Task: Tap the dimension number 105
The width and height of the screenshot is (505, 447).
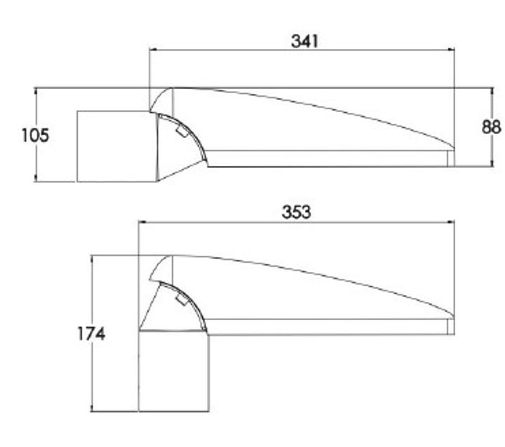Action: point(35,135)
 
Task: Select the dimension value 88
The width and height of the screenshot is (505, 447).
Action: point(492,127)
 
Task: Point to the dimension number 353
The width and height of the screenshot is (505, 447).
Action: point(296,212)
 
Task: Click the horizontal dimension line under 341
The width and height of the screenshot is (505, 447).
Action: point(302,50)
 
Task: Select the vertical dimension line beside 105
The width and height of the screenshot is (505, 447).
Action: point(35,161)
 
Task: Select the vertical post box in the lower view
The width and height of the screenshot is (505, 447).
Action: point(173,371)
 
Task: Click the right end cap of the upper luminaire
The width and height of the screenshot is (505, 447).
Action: point(451,158)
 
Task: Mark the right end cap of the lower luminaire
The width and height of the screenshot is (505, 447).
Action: point(450,326)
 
